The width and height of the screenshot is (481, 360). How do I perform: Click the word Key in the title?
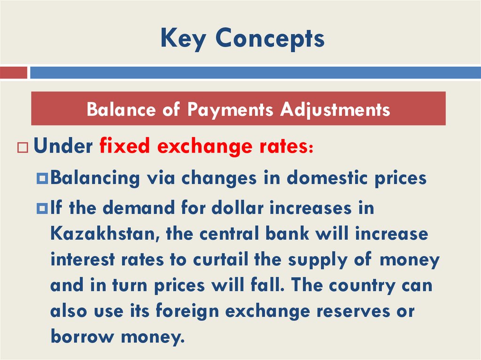pyautogui.click(x=182, y=39)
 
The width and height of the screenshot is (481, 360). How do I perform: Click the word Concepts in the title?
pyautogui.click(x=270, y=39)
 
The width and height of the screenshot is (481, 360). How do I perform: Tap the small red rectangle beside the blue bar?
pyautogui.click(x=13, y=72)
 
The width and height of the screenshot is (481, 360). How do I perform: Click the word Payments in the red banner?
pyautogui.click(x=230, y=109)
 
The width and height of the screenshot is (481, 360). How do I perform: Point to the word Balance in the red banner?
pyautogui.click(x=121, y=109)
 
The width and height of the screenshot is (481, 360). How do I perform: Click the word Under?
pyautogui.click(x=63, y=146)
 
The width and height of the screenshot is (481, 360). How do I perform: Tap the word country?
pyautogui.click(x=362, y=285)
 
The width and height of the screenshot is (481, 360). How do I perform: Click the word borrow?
pyautogui.click(x=81, y=337)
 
